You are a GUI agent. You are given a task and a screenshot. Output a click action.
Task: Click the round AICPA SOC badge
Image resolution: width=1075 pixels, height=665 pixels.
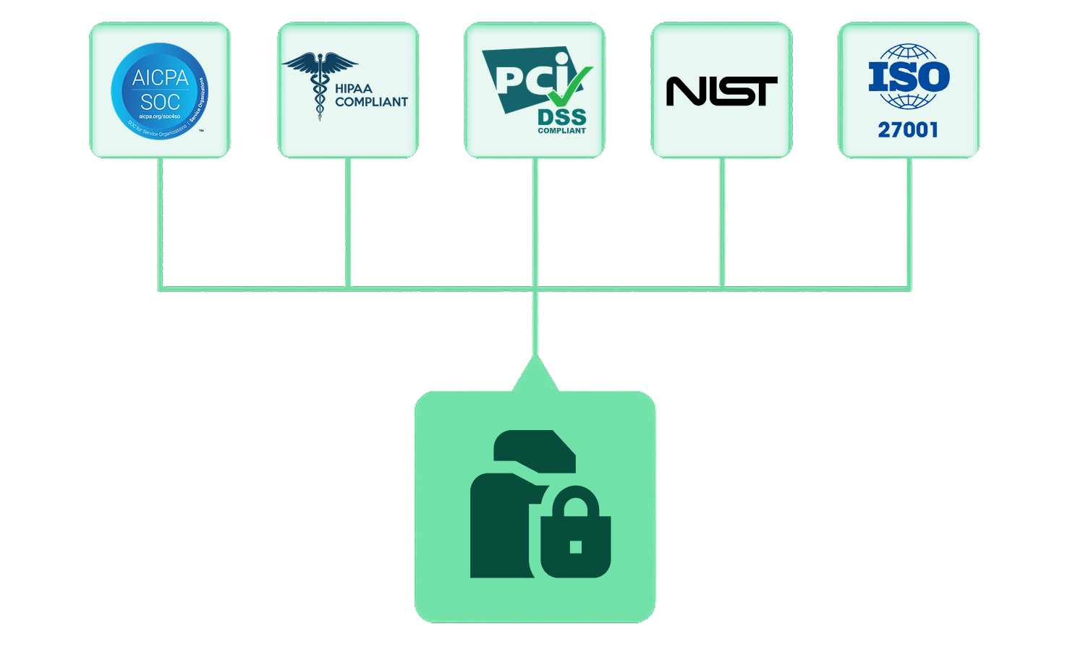coord(159,91)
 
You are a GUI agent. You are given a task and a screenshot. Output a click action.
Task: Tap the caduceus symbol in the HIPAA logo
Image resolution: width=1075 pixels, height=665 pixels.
coord(319,83)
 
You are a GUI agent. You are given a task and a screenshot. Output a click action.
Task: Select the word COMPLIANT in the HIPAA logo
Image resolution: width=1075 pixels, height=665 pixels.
coord(371,103)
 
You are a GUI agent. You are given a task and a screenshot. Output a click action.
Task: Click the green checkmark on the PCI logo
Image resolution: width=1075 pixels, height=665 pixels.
coord(569,85)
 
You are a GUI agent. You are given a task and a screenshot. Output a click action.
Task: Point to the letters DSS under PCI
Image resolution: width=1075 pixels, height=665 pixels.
coord(561,117)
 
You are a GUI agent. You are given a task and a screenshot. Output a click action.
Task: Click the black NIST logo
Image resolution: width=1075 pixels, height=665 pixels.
coord(721,91)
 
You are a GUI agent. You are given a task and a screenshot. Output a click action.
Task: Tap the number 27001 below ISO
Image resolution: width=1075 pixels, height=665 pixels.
coord(908,130)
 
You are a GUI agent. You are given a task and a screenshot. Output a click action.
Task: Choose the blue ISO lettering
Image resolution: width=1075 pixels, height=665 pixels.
coord(909,77)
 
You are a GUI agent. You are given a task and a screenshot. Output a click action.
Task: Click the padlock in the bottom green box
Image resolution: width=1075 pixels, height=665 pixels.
coord(575,533)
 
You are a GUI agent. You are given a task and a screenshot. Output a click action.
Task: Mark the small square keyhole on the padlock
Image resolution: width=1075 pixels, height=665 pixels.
coord(576,546)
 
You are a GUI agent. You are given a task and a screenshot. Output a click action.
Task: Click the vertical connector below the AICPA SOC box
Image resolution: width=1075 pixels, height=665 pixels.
coord(161,224)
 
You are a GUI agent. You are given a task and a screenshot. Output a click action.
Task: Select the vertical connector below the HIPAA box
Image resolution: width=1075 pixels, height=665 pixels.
coord(348,224)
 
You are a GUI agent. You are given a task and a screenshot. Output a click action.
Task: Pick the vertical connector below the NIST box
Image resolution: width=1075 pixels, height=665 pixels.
coord(722,224)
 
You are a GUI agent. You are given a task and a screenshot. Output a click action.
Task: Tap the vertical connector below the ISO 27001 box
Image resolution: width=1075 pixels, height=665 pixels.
coord(909,224)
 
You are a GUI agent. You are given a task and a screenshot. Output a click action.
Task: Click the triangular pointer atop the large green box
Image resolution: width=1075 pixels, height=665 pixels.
coord(535,376)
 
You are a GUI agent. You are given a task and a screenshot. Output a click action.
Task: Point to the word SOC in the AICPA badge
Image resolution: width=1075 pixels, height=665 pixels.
coord(160,102)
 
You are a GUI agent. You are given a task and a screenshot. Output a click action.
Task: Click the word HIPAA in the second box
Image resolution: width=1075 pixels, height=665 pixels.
coord(354,89)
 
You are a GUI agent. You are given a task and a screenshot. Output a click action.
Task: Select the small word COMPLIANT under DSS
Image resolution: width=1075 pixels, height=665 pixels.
coord(561,131)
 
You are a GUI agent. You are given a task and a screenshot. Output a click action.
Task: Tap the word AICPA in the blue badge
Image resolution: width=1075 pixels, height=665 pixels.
coord(160,78)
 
